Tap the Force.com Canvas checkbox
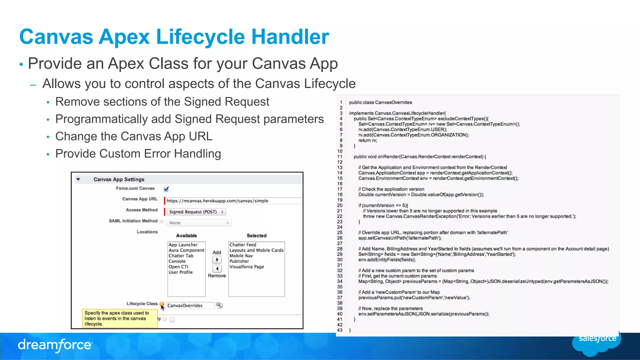[x=166, y=189]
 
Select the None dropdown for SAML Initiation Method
[x=199, y=223]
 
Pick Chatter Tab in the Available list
[x=181, y=256]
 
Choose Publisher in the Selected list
[x=239, y=261]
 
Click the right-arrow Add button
[x=217, y=259]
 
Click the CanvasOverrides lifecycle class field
[x=190, y=305]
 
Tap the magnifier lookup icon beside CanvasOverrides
[x=219, y=305]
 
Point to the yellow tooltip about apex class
[x=120, y=318]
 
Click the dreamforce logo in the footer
[x=55, y=345]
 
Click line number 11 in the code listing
[x=340, y=157]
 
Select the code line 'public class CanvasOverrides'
[x=380, y=102]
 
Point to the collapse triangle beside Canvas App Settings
[x=78, y=179]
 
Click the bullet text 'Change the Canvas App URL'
[x=134, y=136]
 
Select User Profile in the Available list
[x=181, y=272]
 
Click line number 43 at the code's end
[x=340, y=330]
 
